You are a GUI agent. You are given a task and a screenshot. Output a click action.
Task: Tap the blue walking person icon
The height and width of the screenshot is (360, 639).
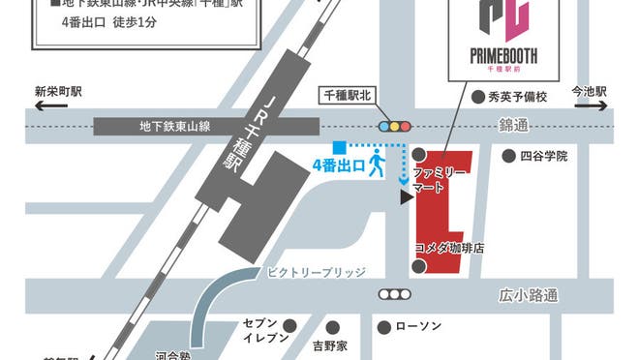[x=377, y=165]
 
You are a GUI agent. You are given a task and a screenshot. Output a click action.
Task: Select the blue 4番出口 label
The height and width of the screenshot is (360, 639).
[x=338, y=165]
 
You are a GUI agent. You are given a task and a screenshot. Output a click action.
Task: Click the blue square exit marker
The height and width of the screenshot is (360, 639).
[x=338, y=146]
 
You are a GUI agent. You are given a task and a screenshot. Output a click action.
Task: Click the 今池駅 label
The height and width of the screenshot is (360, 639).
[x=589, y=92]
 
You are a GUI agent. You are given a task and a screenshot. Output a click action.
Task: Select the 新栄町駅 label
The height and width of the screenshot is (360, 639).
[x=58, y=92]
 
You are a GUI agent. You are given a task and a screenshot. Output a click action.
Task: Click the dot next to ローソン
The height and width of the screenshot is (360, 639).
[x=384, y=326]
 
